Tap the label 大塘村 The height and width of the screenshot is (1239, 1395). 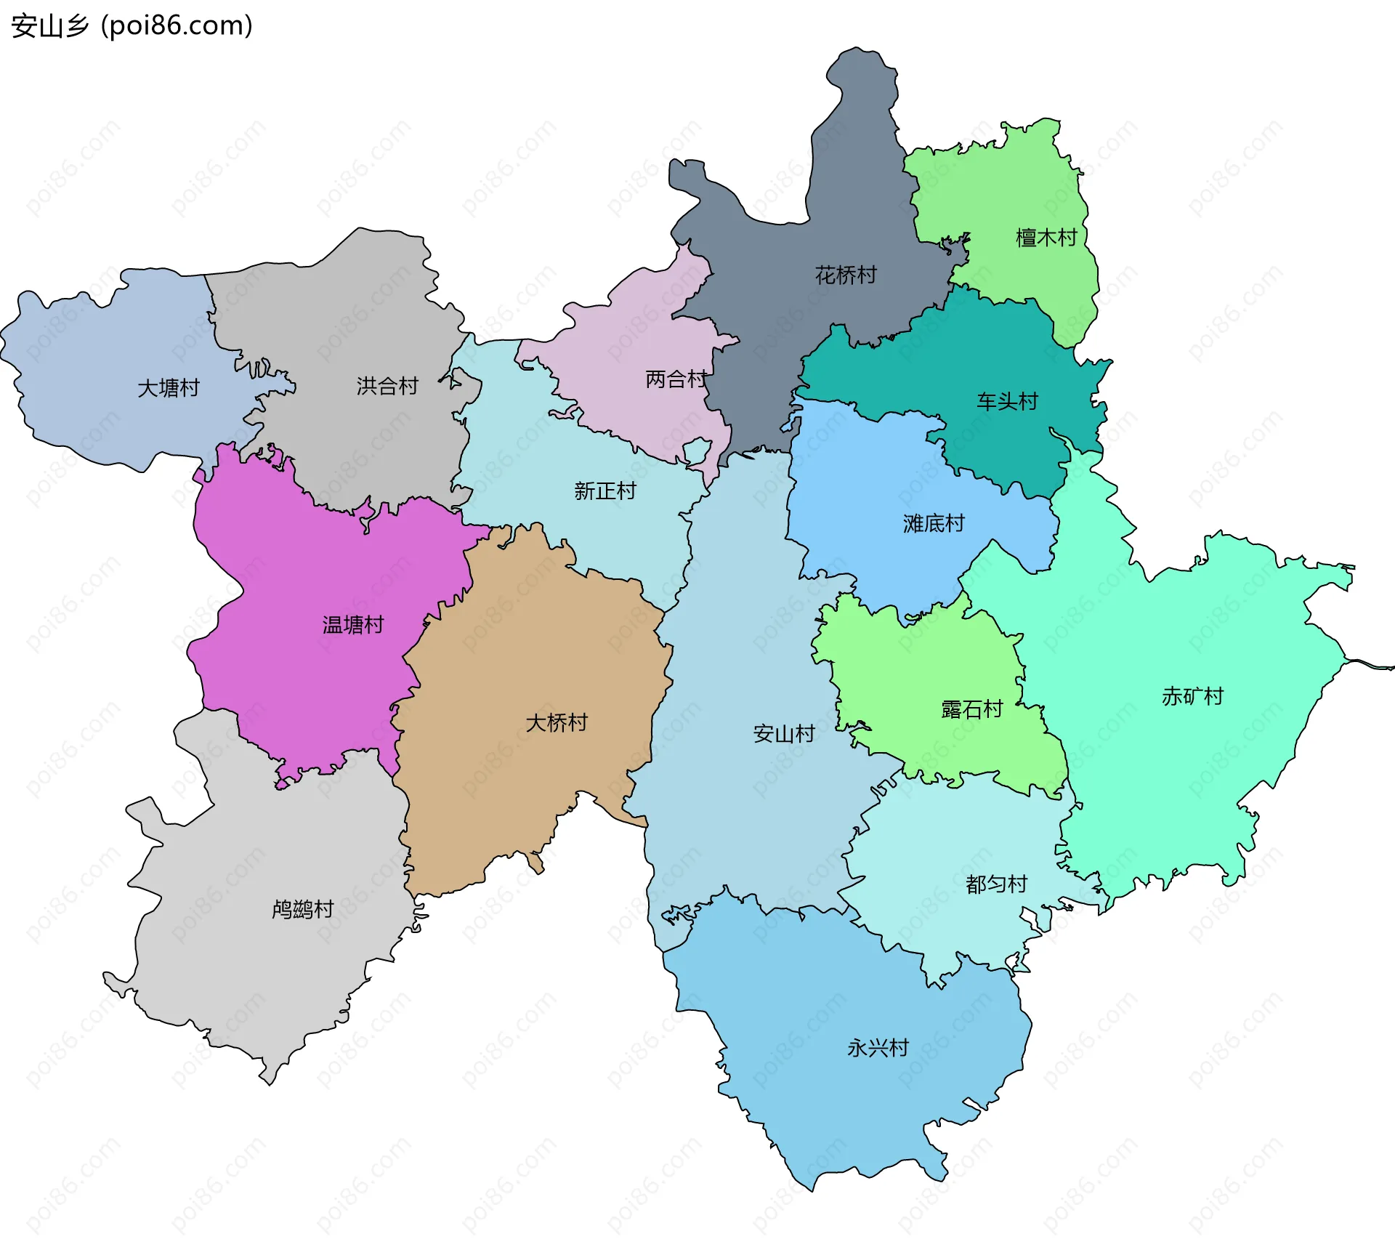click(169, 388)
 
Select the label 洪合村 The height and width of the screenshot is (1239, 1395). click(387, 386)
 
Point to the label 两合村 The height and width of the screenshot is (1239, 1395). click(676, 379)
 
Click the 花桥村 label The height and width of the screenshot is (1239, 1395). click(846, 275)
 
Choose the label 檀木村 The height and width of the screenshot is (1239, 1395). click(1046, 238)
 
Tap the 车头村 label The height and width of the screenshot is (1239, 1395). click(1007, 401)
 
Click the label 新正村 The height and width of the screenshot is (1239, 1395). click(604, 491)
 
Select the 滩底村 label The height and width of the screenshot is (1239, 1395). click(934, 523)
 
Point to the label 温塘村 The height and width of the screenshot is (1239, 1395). click(352, 625)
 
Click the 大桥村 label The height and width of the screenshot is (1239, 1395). click(557, 722)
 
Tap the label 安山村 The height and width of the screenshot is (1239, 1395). click(784, 733)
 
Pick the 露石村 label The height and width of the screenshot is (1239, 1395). click(972, 709)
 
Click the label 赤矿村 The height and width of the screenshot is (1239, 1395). click(1192, 696)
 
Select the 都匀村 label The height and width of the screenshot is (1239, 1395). click(996, 884)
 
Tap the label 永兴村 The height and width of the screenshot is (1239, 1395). click(878, 1048)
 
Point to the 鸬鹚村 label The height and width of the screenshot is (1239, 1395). click(302, 909)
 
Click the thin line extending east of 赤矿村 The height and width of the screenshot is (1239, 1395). click(1373, 664)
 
